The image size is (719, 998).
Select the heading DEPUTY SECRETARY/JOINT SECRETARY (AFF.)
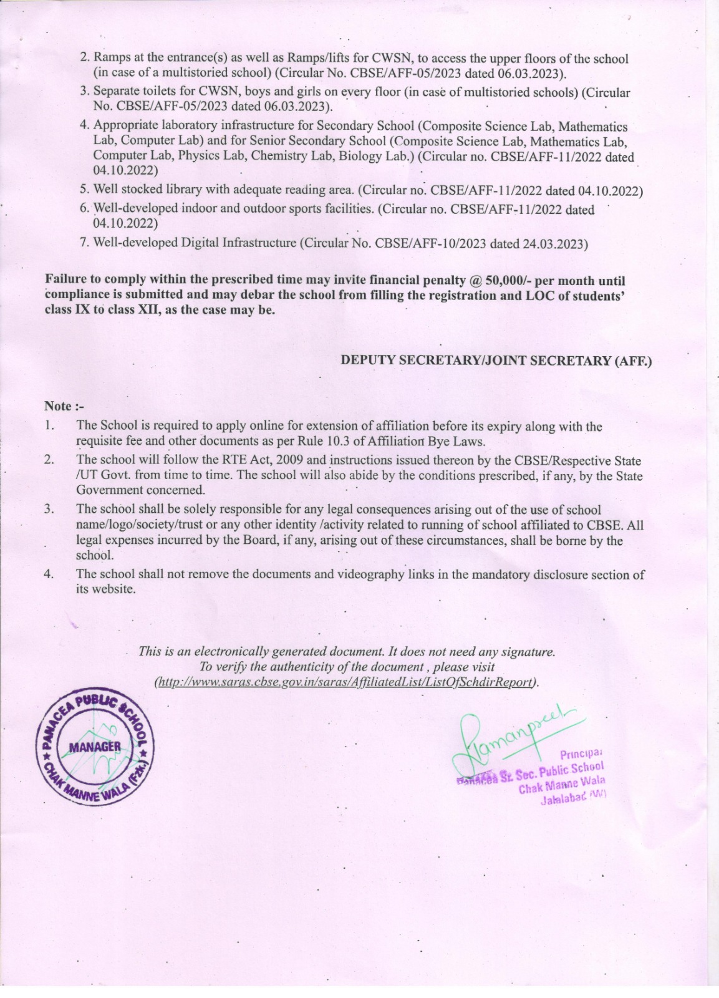click(x=496, y=361)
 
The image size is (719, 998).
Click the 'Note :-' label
click(x=64, y=406)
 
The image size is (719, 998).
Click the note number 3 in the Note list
click(x=49, y=509)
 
